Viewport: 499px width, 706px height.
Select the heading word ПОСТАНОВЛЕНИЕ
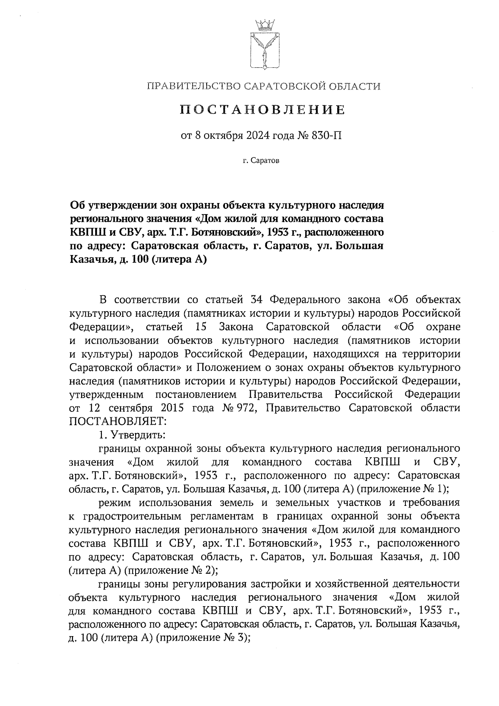pos(263,110)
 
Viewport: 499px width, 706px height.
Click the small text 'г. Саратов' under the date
pos(262,161)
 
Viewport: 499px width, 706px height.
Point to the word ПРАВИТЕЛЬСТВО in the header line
pos(192,86)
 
